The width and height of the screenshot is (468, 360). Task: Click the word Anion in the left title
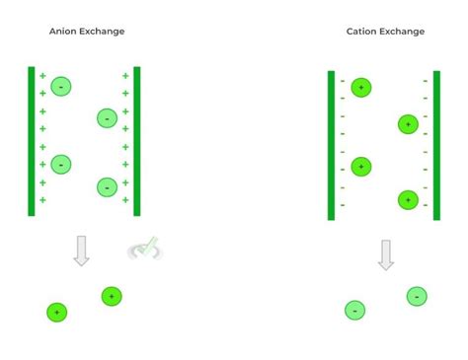[62, 32]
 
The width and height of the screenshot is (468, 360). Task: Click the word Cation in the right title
[360, 32]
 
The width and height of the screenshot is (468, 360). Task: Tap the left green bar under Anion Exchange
[32, 141]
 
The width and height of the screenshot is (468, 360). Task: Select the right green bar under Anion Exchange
[137, 141]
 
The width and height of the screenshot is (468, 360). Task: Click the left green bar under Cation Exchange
[331, 145]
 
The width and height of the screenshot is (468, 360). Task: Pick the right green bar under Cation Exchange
[436, 145]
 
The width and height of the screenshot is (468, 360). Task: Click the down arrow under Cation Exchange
[386, 254]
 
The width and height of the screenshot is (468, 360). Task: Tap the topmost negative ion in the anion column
[61, 87]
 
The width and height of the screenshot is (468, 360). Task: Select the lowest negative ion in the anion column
[107, 186]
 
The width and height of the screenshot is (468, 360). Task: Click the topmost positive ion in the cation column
[361, 88]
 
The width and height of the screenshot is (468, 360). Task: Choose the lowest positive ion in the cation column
[408, 199]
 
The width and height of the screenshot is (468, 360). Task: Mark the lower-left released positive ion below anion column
[57, 312]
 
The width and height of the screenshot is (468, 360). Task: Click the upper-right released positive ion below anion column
[112, 296]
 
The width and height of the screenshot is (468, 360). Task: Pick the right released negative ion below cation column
[417, 296]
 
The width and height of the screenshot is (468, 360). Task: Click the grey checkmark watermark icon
[146, 249]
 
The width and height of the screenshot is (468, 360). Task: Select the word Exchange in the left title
[103, 32]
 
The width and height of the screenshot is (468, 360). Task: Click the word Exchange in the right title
[402, 32]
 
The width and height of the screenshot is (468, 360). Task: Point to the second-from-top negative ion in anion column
[107, 118]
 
